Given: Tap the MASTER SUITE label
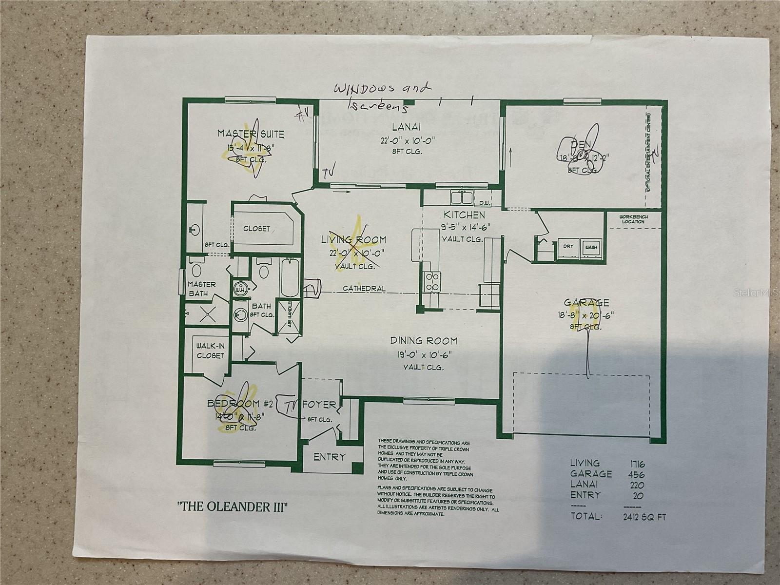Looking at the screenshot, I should pyautogui.click(x=251, y=133).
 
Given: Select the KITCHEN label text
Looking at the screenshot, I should pyautogui.click(x=464, y=215).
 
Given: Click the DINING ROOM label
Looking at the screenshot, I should pyautogui.click(x=423, y=341).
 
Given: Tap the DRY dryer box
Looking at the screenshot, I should pyautogui.click(x=568, y=247).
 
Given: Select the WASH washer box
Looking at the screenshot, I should pyautogui.click(x=591, y=247).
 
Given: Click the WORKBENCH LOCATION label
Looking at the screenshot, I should pyautogui.click(x=632, y=219).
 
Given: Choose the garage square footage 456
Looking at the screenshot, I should pyautogui.click(x=633, y=473).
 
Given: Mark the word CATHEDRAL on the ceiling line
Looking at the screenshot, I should pyautogui.click(x=364, y=289).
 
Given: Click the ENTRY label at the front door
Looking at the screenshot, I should pyautogui.click(x=330, y=457).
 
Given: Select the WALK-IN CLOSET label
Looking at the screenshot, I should pyautogui.click(x=210, y=351).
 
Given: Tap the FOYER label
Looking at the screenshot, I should pyautogui.click(x=320, y=405).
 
